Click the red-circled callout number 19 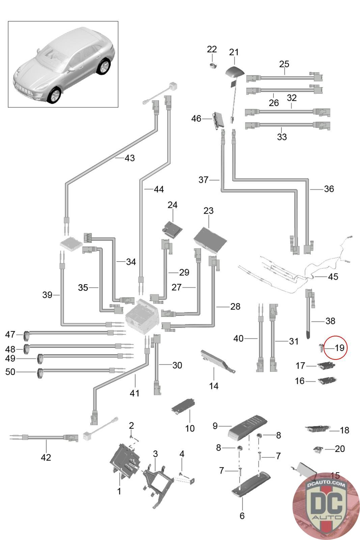[339, 348]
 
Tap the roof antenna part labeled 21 [234, 72]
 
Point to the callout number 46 [196, 119]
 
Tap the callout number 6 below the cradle [242, 516]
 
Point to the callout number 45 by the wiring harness [333, 277]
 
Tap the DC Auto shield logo [326, 505]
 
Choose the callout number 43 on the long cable [130, 158]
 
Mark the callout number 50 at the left [10, 372]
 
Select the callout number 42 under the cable [46, 457]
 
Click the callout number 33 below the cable [282, 137]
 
